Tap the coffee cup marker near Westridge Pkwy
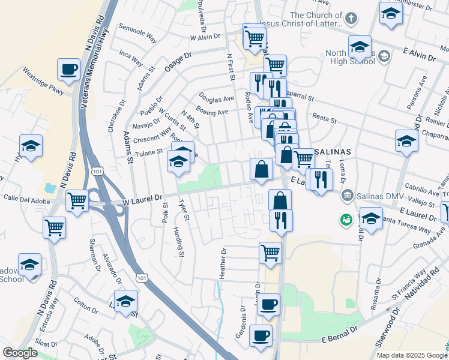[68, 69]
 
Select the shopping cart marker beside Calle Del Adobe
[77, 200]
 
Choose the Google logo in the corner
[20, 353]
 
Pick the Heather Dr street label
[223, 263]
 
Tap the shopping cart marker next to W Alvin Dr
[254, 37]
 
